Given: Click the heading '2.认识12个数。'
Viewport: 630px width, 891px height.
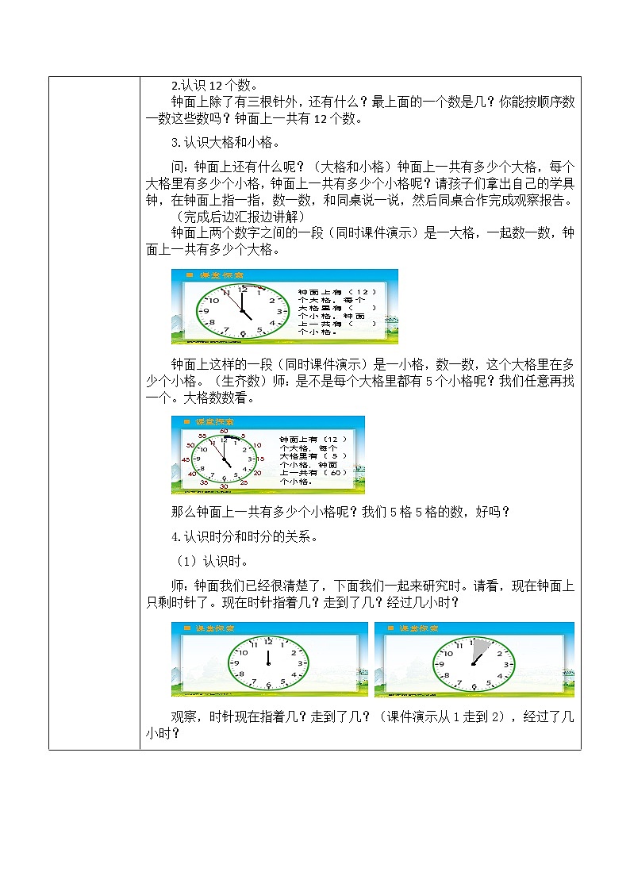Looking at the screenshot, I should tap(215, 86).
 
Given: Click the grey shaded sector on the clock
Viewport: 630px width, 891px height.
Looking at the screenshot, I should tap(479, 650).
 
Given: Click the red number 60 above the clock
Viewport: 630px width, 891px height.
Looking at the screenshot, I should tap(224, 431).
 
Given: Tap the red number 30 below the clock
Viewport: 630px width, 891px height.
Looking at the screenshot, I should tap(224, 486).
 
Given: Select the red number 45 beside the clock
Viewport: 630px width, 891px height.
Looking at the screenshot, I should tap(185, 459).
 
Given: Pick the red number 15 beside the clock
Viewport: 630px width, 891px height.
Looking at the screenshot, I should tap(260, 459).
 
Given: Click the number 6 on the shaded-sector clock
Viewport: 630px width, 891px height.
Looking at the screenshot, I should tap(473, 683).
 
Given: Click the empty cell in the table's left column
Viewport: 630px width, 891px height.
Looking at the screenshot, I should tap(94, 413).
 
